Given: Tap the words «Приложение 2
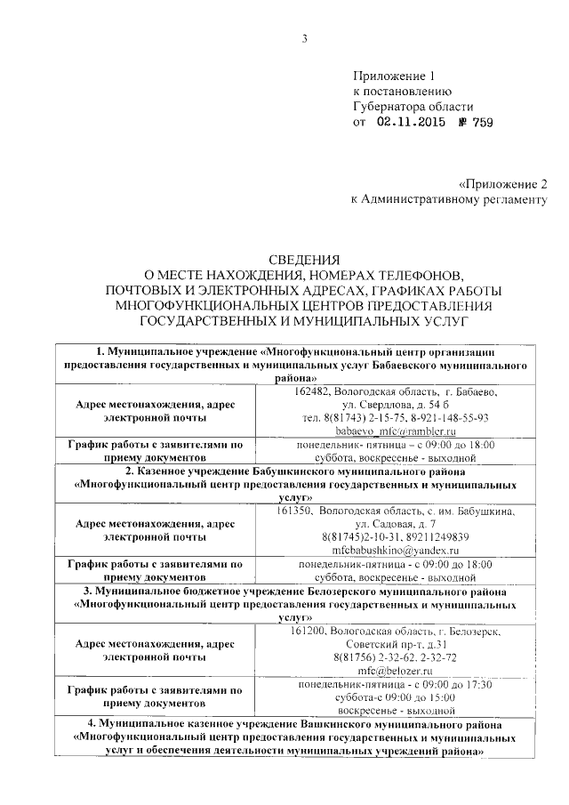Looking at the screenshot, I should click(503, 182).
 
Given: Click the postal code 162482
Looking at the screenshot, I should click(310, 391).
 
